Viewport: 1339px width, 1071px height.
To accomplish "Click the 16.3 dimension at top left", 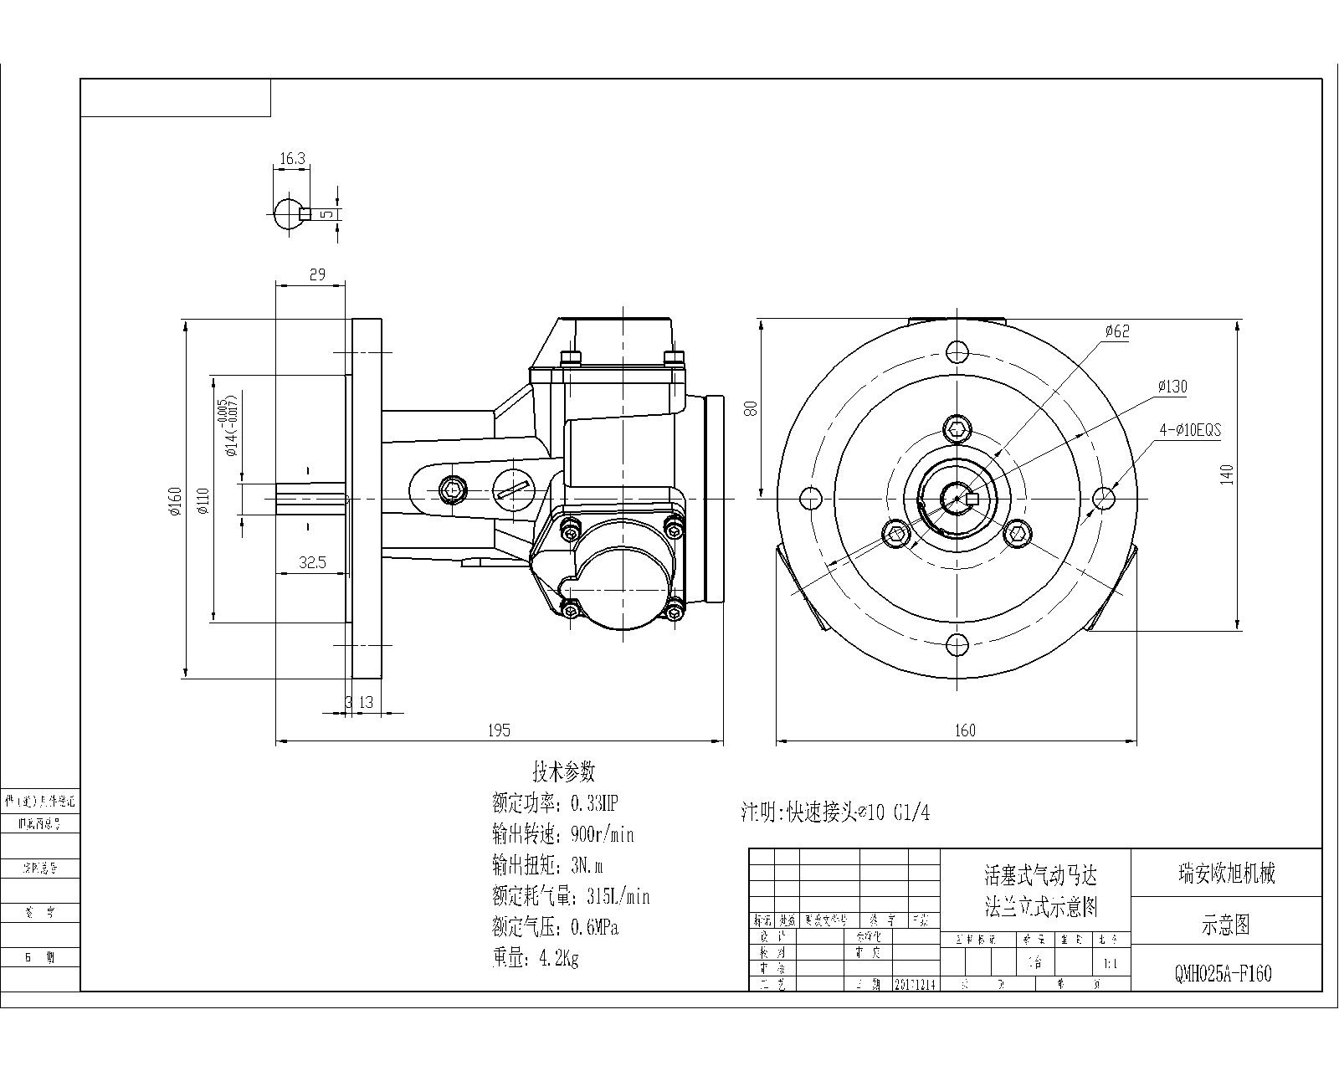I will (292, 157).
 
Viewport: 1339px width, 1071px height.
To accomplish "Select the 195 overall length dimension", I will (499, 730).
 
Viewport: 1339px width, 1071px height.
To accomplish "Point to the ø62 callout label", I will (1116, 331).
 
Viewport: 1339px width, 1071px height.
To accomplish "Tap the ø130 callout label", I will (1172, 387).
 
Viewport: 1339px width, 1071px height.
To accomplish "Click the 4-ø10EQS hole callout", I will (1189, 431).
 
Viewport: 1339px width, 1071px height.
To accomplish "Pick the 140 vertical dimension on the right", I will (1227, 474).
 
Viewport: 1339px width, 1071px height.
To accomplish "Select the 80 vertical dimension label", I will (751, 407).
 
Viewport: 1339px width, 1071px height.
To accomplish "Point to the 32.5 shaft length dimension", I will (311, 563).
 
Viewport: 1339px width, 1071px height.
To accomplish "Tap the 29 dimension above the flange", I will (317, 274).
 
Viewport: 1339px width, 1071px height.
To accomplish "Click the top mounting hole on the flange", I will (957, 351).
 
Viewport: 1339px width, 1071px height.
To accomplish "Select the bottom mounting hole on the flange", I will (957, 644).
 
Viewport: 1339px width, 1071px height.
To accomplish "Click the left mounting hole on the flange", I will (810, 499).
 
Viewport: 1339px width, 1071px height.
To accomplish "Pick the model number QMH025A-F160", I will (1224, 975).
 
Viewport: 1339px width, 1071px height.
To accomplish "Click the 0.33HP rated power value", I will (594, 804).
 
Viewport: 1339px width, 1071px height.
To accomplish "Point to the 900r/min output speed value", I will (602, 835).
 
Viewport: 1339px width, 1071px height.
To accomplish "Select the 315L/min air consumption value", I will (618, 897).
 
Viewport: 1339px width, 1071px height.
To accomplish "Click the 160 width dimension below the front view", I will (965, 730).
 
